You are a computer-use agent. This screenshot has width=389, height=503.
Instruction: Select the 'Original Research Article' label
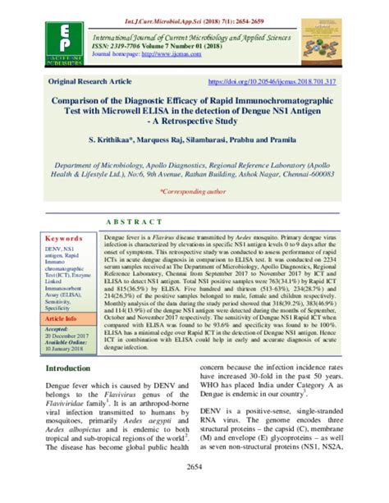coord(89,82)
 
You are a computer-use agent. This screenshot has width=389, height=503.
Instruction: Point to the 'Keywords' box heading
coord(66,236)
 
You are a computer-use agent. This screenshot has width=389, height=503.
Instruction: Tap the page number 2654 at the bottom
coord(194,489)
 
